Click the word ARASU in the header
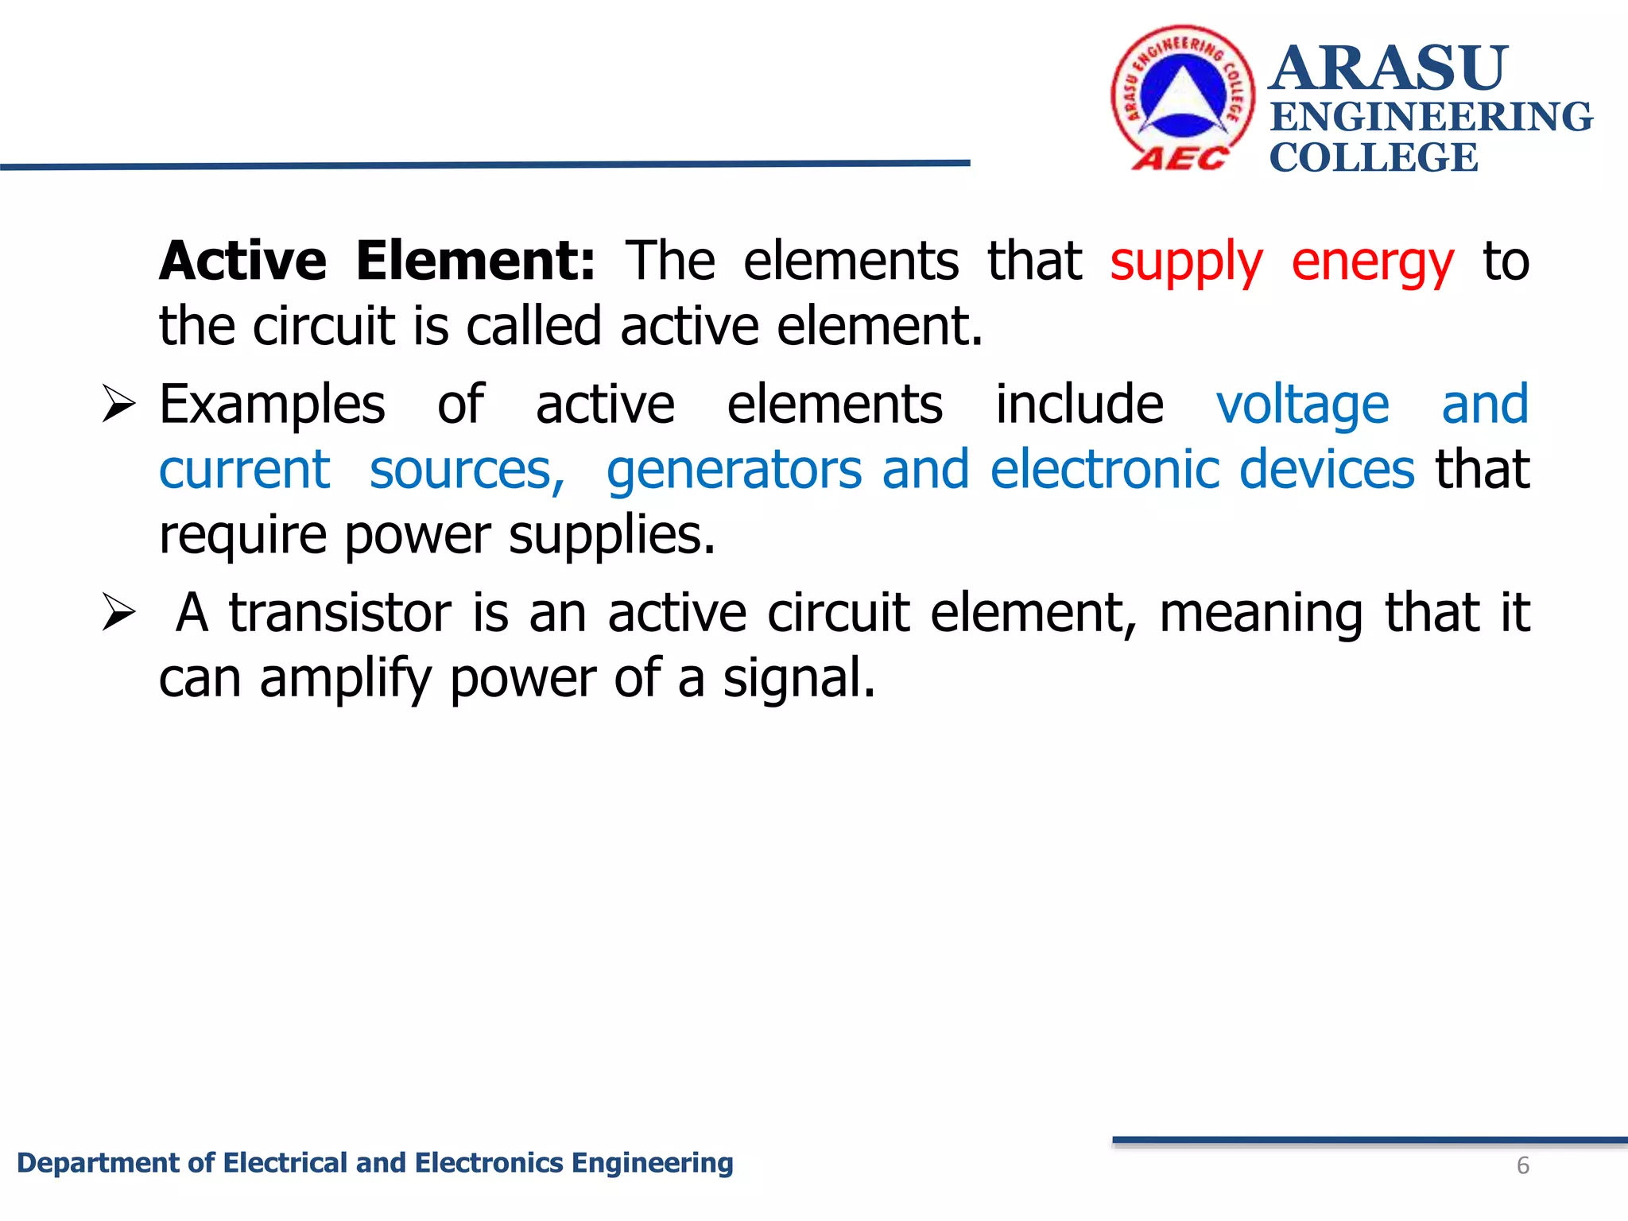[x=1388, y=68]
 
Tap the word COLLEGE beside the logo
[x=1374, y=157]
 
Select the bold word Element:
[x=475, y=261]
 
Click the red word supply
[x=1185, y=262]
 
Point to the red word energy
[x=1372, y=262]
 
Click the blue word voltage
[x=1302, y=405]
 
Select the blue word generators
[x=734, y=471]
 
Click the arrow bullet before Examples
[x=119, y=405]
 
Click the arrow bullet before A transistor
[x=119, y=613]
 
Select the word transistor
[x=340, y=613]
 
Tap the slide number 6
[x=1522, y=1165]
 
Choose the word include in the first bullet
[x=1079, y=405]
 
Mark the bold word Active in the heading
[x=242, y=261]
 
